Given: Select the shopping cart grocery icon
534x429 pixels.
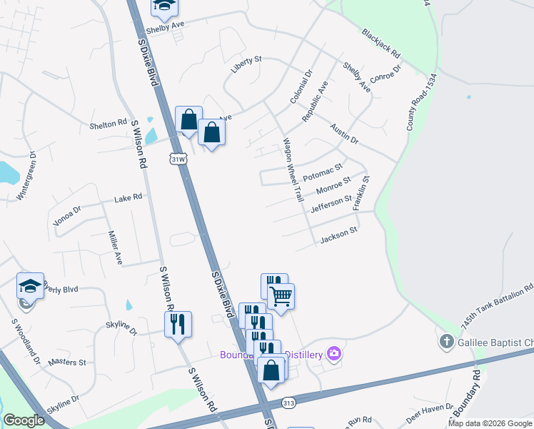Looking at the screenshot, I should click(281, 295).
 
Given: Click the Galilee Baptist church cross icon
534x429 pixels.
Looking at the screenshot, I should click(446, 340).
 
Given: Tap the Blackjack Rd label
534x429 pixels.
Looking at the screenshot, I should click(381, 44).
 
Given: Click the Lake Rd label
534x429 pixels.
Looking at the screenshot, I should click(129, 197).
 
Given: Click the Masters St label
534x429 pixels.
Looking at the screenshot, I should click(66, 363).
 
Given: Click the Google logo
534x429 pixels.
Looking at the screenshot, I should click(24, 420).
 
